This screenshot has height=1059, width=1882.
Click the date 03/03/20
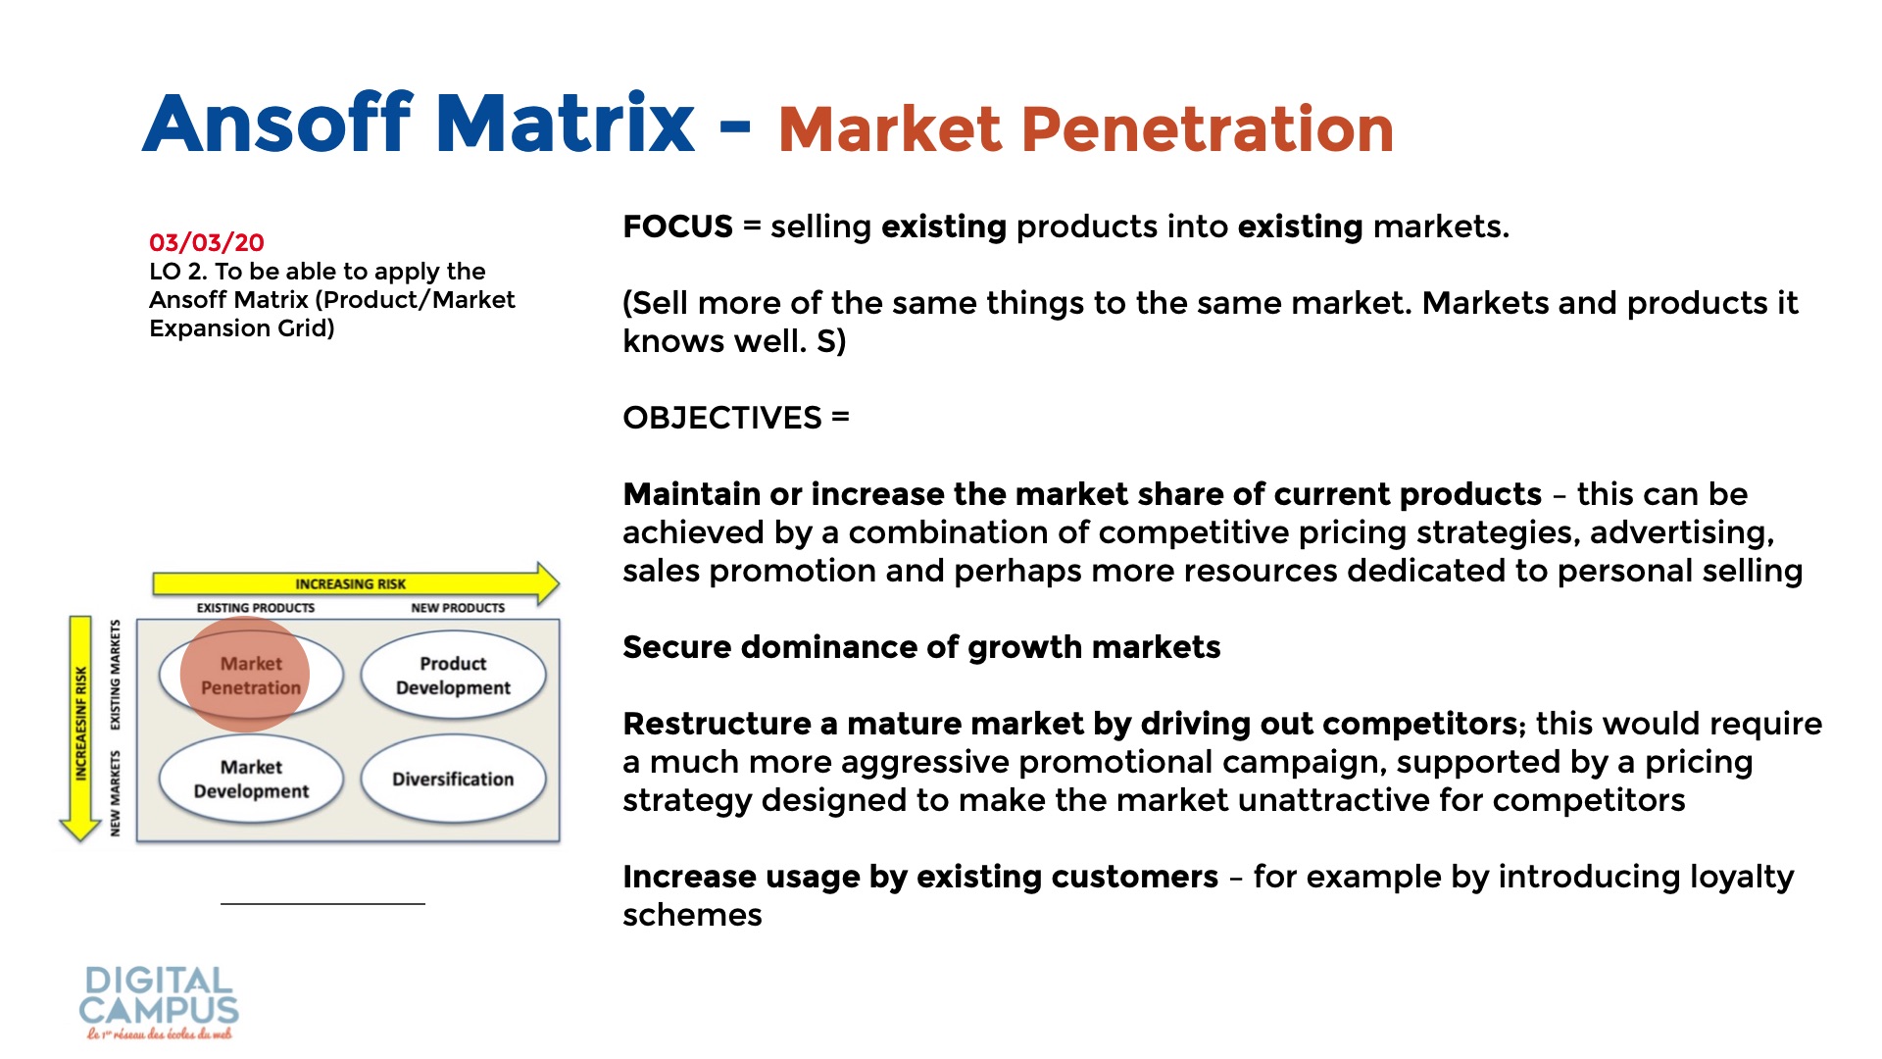point(207,242)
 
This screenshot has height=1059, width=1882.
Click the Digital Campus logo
point(159,1002)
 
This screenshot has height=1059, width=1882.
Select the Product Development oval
point(453,676)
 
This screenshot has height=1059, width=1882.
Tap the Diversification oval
point(453,779)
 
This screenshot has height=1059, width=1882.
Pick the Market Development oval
point(251,779)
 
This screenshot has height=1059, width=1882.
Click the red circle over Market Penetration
point(245,674)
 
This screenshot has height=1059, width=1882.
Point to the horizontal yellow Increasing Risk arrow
point(355,583)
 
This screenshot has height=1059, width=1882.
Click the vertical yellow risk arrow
point(80,729)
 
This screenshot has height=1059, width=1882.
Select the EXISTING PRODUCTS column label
point(256,608)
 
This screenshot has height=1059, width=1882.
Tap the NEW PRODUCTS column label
point(458,608)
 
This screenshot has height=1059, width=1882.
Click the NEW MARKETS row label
point(116,793)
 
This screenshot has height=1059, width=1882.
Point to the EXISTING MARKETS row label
point(116,675)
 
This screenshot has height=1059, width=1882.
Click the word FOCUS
point(677,227)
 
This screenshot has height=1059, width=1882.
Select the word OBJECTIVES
point(722,418)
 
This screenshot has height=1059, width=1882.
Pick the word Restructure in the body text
point(717,724)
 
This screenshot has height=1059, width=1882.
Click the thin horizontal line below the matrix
point(322,903)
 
